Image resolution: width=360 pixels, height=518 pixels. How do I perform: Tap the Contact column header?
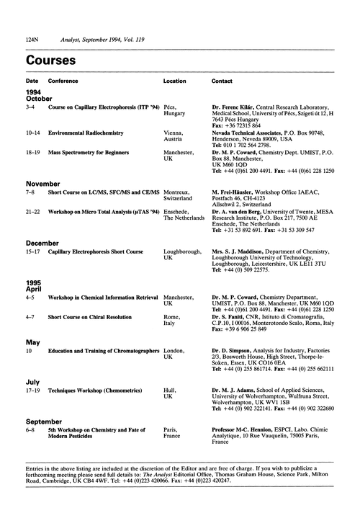222,81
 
